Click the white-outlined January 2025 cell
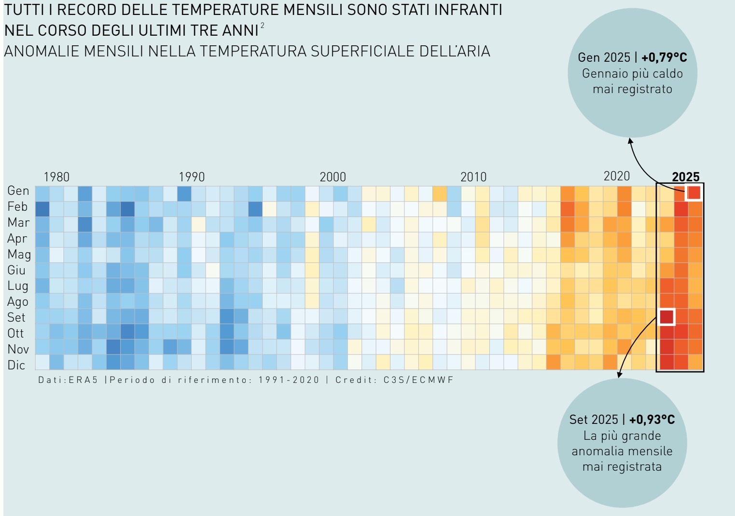coord(693,192)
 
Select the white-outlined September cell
coord(666,317)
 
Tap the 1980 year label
coord(56,177)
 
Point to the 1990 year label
coord(192,177)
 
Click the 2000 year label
coord(333,177)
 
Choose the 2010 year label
coord(473,177)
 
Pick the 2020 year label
coord(616,177)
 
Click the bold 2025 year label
coord(685,177)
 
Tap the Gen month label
coord(18,191)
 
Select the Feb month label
coord(17,207)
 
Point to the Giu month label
coord(16,270)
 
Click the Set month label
coord(16,318)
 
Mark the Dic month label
coord(16,365)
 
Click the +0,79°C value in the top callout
coord(664,57)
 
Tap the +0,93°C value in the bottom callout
coord(652,420)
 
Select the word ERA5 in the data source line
coord(83,380)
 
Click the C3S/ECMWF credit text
coord(418,380)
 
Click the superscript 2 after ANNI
coord(263,26)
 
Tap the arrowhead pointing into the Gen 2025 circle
coord(630,140)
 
